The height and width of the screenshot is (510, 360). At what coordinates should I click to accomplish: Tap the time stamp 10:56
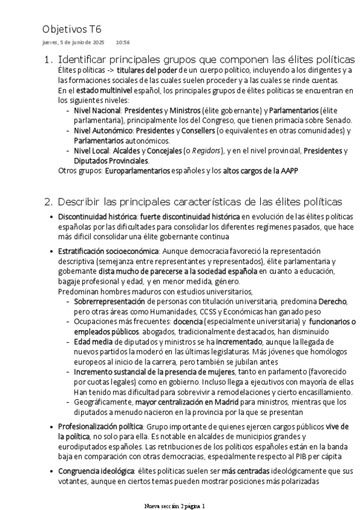123,43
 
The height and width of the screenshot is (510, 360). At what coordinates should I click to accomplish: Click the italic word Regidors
204,151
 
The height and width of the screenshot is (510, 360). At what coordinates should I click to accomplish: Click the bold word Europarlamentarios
137,171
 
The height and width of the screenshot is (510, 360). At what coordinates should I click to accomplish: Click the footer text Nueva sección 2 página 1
176,506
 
